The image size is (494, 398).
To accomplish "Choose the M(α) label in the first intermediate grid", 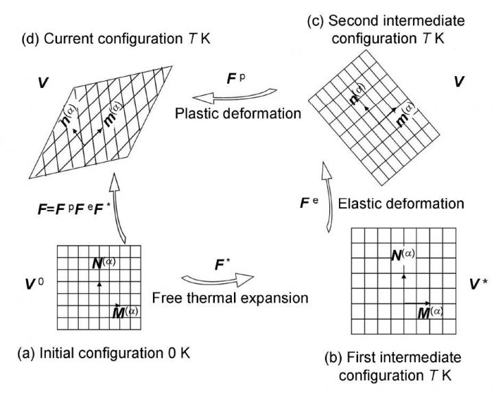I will [x=428, y=313].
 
